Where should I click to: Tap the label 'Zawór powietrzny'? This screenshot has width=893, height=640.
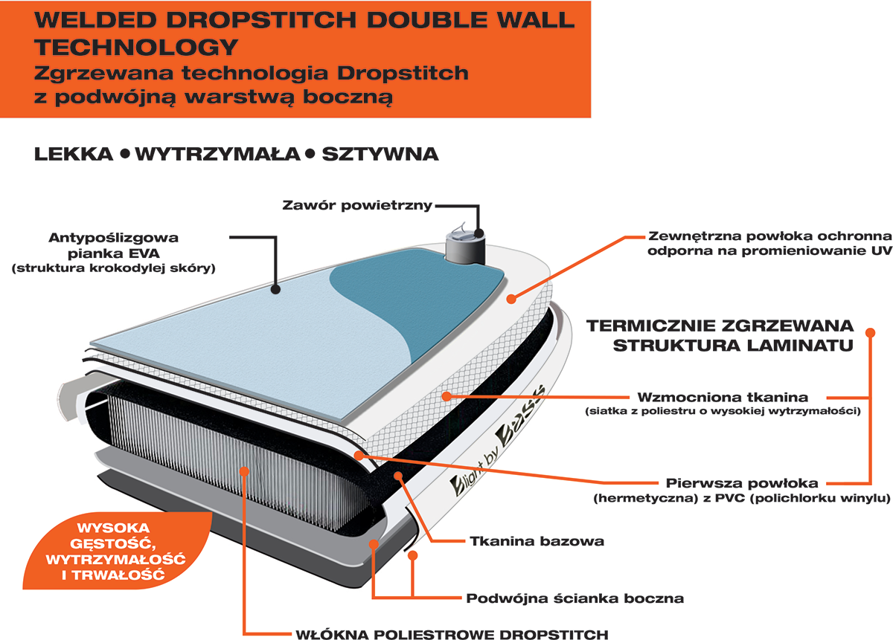(357, 205)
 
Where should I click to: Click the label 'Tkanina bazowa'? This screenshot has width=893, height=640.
(537, 541)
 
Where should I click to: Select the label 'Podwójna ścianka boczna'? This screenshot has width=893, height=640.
(574, 598)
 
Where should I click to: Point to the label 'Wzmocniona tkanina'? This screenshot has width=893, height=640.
(723, 397)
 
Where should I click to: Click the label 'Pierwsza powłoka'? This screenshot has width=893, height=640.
(742, 483)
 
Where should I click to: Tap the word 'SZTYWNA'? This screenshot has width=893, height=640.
(380, 155)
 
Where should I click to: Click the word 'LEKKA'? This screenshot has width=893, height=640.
(74, 155)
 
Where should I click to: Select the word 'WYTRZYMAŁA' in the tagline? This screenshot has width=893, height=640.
(217, 155)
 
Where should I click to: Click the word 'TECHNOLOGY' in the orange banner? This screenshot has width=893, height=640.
(136, 48)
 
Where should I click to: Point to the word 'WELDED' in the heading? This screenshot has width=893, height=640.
(95, 20)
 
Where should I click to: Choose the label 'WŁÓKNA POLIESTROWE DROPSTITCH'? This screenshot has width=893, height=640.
(452, 634)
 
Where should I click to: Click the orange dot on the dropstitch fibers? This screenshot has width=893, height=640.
(244, 471)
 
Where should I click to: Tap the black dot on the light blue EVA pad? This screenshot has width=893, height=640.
(275, 290)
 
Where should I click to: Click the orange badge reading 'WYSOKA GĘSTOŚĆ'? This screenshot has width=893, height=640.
(116, 551)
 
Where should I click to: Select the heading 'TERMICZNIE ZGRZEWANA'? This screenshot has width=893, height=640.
(720, 326)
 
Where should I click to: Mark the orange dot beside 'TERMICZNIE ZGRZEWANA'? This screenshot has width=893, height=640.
(870, 332)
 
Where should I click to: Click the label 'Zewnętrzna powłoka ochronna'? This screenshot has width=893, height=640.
(769, 236)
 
